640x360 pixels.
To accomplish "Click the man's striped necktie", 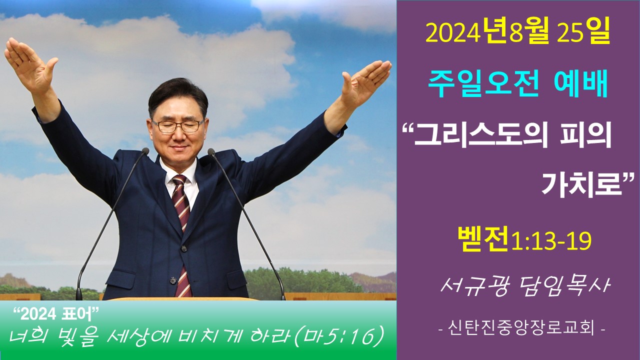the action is (181, 234).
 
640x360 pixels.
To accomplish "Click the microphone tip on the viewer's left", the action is (145, 151).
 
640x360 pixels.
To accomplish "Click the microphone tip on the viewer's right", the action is (211, 152).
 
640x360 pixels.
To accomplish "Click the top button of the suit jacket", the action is (184, 248).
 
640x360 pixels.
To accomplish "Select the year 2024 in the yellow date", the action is (452, 35).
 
